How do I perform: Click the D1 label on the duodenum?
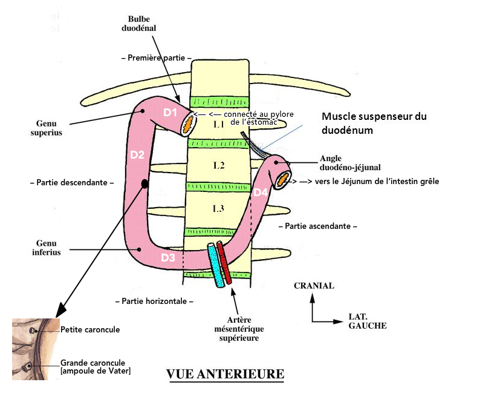click(170, 112)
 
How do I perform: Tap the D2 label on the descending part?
click(137, 154)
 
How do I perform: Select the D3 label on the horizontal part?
click(169, 259)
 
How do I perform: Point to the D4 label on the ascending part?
click(260, 192)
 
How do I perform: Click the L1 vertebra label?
click(218, 124)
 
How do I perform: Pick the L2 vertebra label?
click(218, 165)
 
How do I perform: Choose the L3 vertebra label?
click(218, 208)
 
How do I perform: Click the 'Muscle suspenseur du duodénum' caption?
click(374, 123)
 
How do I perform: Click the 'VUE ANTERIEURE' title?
click(225, 374)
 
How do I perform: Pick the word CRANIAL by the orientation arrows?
click(313, 286)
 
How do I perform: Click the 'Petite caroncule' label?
click(90, 330)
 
